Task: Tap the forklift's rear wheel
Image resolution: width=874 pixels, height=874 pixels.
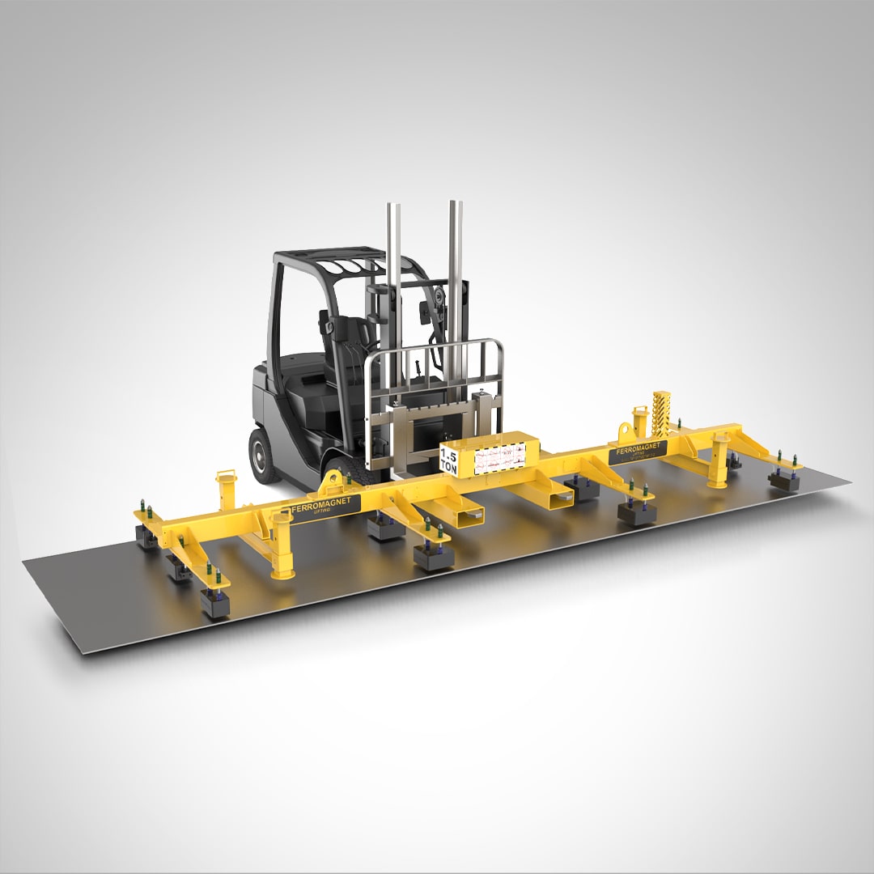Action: [x=264, y=456]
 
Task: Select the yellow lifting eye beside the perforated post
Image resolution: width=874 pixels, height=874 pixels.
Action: [x=639, y=422]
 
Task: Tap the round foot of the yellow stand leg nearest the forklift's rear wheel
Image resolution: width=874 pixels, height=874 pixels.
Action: [x=282, y=574]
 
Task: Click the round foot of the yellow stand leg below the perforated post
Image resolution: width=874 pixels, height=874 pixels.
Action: [x=717, y=483]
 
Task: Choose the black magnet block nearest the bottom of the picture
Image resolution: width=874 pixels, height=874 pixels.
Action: [x=214, y=604]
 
